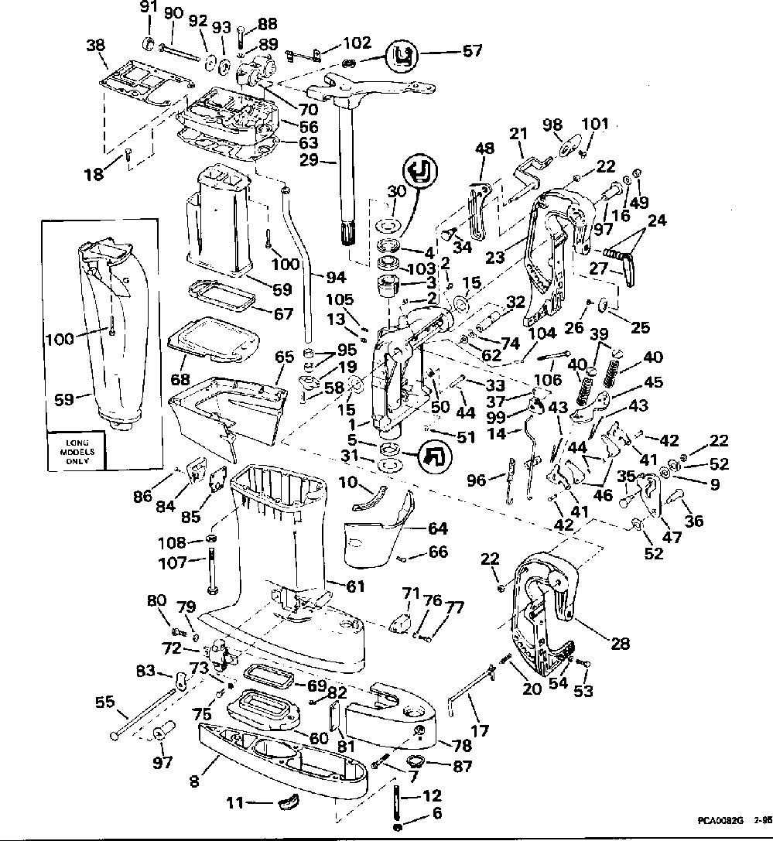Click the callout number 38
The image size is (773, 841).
(96, 45)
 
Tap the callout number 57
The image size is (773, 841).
(471, 52)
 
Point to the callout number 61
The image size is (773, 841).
(354, 587)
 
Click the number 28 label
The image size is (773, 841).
(620, 642)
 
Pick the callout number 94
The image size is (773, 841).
(336, 276)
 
